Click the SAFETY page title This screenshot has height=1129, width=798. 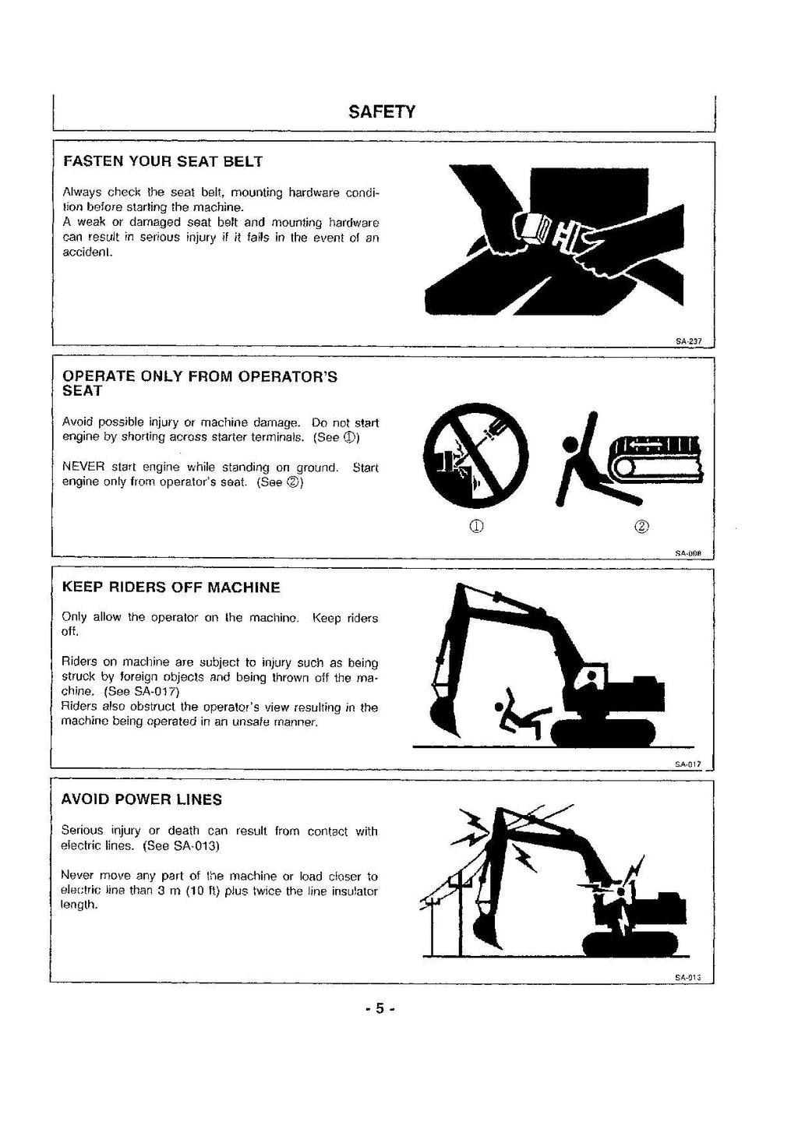(x=382, y=111)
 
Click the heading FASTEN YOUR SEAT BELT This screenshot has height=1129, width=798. (x=162, y=162)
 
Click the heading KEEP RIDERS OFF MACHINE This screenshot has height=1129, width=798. (x=171, y=587)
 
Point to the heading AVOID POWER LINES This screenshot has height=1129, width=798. (x=141, y=799)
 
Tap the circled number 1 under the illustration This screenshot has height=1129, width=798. (x=476, y=526)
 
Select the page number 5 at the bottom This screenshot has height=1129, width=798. (x=380, y=1008)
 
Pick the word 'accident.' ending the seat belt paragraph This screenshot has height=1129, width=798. (x=87, y=252)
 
